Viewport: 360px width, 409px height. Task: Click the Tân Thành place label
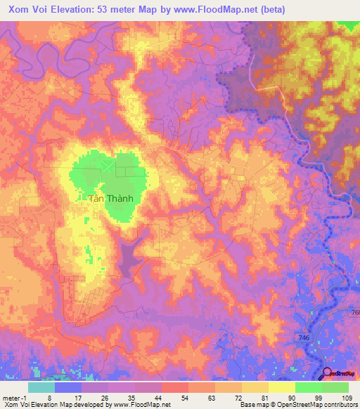click(110, 198)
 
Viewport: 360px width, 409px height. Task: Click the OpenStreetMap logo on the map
click(340, 375)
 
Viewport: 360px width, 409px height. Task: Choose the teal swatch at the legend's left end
click(41, 387)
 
